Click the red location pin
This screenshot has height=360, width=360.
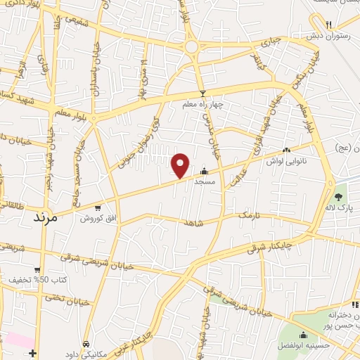tap(181, 165)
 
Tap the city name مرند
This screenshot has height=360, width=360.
tap(49, 218)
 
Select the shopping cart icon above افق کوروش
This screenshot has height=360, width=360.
tap(97, 207)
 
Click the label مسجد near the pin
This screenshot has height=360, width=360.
tap(205, 181)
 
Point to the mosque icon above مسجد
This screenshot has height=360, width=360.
tap(205, 170)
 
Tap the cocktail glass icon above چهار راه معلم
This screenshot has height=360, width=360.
tap(202, 94)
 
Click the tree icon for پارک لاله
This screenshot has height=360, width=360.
tap(340, 197)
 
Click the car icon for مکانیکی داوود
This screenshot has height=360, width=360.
tap(85, 344)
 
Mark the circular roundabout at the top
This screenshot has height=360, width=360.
tap(191, 46)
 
